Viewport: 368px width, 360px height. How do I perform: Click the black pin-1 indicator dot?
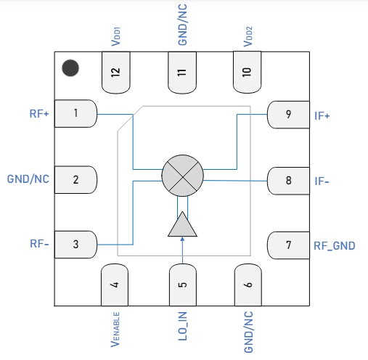point(70,68)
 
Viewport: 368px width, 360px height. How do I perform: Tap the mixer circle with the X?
point(182,175)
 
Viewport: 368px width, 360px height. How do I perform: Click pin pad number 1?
point(75,113)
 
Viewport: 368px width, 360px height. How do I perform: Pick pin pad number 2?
point(75,179)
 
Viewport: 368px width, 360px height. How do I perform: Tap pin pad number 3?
point(75,245)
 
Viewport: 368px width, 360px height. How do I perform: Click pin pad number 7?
point(288,245)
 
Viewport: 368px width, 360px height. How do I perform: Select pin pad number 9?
point(288,114)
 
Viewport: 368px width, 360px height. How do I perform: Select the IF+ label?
point(323,115)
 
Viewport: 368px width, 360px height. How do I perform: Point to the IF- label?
point(322,180)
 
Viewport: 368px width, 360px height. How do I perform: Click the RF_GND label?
point(334,245)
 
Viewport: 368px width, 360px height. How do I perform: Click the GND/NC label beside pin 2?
point(28,179)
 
